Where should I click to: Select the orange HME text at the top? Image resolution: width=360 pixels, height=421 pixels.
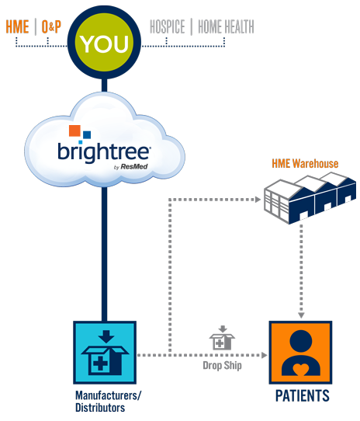[x=17, y=27]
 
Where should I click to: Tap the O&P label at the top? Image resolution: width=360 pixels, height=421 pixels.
[x=50, y=27]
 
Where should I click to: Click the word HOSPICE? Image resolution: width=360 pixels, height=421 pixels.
[x=167, y=27]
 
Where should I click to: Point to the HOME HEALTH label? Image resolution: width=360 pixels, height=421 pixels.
[x=226, y=27]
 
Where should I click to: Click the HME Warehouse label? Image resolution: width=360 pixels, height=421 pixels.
[x=304, y=165]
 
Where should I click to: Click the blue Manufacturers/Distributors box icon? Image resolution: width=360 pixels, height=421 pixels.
[x=105, y=352]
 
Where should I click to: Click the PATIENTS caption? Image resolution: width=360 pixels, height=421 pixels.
[x=302, y=397]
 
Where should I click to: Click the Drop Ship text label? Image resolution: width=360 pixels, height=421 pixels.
[x=222, y=364]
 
